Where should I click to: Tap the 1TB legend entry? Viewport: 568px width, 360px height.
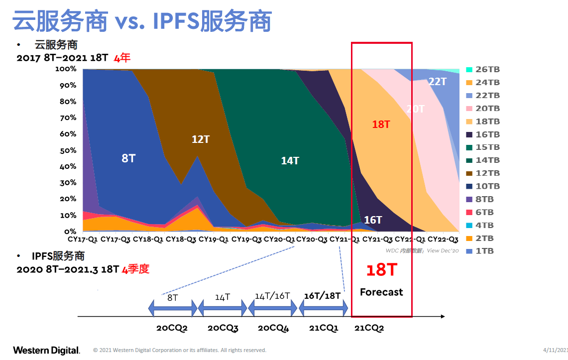click(480, 251)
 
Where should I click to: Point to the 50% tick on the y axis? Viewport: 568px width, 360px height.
click(68, 150)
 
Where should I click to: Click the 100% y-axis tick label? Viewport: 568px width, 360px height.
click(66, 69)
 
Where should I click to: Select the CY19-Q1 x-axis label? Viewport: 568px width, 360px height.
click(214, 240)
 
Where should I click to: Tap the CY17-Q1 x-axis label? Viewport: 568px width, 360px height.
click(83, 240)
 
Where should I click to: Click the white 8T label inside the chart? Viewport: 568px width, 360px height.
click(128, 158)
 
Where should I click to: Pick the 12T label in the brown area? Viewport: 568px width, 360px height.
click(201, 139)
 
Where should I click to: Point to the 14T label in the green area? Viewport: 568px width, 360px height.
click(290, 161)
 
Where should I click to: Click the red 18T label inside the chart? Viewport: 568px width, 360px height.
click(381, 124)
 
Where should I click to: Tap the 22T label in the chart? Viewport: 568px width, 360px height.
click(438, 82)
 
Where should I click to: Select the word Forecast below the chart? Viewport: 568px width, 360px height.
click(381, 292)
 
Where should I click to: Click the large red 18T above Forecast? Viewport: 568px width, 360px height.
click(382, 270)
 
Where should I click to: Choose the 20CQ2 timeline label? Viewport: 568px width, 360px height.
click(172, 328)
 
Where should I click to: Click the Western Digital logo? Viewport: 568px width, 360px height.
click(47, 351)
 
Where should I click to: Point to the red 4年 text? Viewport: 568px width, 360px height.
click(122, 58)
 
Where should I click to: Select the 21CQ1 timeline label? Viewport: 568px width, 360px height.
click(324, 328)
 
